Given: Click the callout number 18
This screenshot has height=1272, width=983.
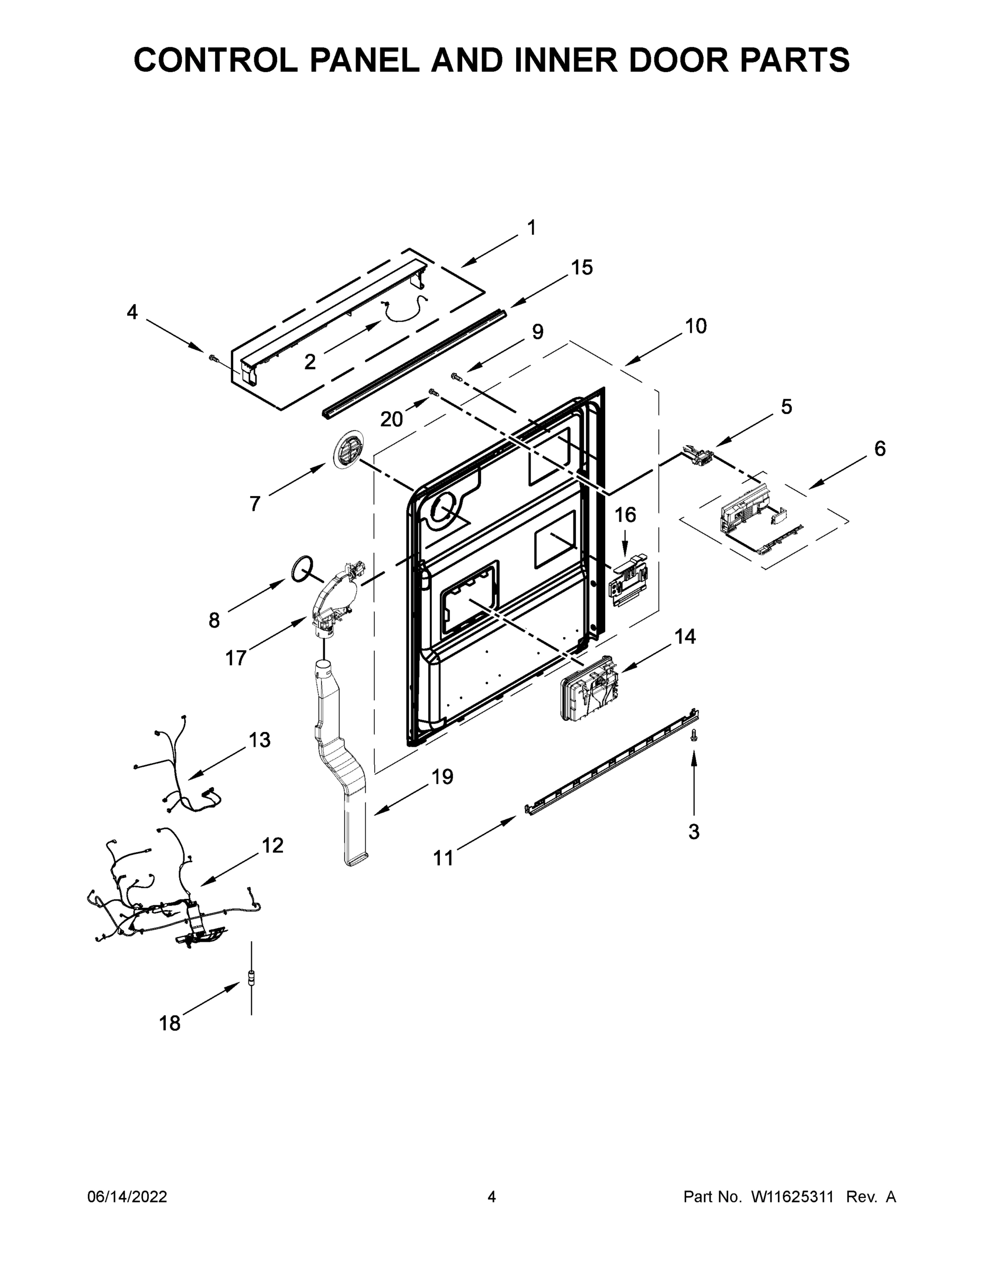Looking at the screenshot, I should tap(170, 1023).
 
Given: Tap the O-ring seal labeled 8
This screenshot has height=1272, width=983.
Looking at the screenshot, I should tap(301, 569).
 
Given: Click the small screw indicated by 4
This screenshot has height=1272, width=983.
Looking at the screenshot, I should tap(213, 358).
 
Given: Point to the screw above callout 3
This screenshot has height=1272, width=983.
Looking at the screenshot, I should tap(693, 737).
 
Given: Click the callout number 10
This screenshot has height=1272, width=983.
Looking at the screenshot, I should tap(695, 326).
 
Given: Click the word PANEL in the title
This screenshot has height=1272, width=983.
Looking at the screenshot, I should tap(364, 60).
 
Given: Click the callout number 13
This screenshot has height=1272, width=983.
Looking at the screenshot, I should tap(260, 740).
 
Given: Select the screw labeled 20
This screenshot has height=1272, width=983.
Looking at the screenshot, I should tap(433, 393).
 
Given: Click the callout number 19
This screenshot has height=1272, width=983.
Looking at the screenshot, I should tap(442, 776).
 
